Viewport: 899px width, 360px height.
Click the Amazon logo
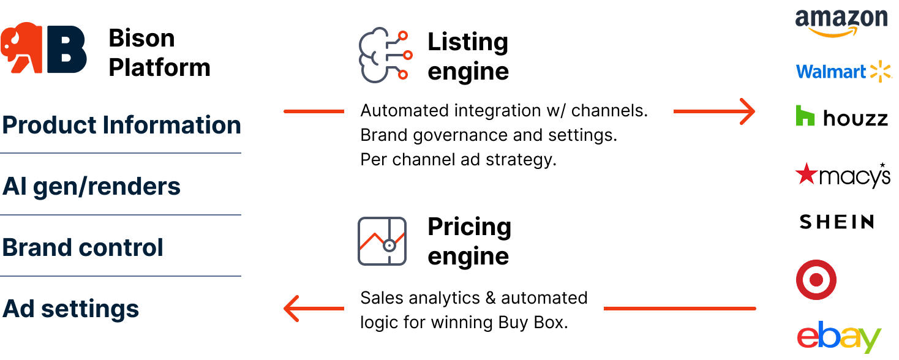point(841,23)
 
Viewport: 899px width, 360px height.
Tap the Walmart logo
point(844,72)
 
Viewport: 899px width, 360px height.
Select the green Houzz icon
point(805,115)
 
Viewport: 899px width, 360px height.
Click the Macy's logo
point(842,175)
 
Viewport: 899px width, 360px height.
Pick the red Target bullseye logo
point(816,280)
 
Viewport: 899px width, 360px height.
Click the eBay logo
point(838,336)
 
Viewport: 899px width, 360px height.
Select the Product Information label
point(121,125)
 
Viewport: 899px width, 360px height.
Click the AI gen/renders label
point(91,186)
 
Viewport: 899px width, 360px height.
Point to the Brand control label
point(83,247)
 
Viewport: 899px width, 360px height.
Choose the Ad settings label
point(71,309)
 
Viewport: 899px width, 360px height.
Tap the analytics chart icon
point(382,241)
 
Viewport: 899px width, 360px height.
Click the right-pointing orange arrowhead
point(747,111)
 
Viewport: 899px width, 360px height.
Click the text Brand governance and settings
point(489,135)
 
